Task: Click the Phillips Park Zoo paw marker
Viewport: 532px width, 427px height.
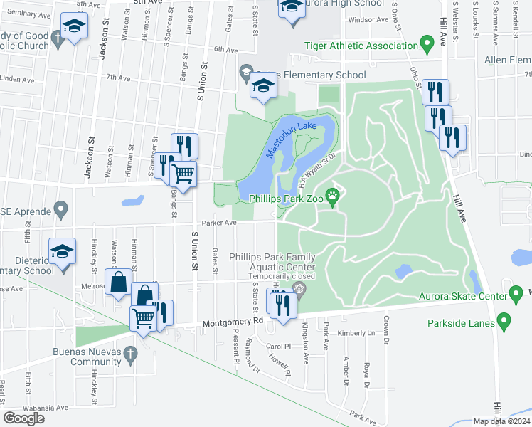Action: pyautogui.click(x=332, y=195)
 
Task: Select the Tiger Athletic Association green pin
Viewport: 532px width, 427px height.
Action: pyautogui.click(x=427, y=45)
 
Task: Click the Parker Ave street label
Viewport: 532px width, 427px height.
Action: pyautogui.click(x=219, y=222)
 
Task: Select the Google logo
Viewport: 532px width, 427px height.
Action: pyautogui.click(x=23, y=418)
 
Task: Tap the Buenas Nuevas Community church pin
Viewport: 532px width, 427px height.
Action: pyautogui.click(x=129, y=353)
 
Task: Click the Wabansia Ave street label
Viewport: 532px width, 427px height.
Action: pyautogui.click(x=47, y=408)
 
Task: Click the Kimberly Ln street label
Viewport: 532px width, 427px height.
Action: pyautogui.click(x=356, y=333)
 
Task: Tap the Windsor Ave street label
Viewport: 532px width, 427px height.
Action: pyautogui.click(x=367, y=19)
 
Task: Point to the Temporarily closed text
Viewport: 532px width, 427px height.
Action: pyautogui.click(x=281, y=276)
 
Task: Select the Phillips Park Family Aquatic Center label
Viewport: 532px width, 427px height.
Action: pyautogui.click(x=281, y=261)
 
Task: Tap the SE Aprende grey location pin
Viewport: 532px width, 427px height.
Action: pyautogui.click(x=61, y=211)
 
